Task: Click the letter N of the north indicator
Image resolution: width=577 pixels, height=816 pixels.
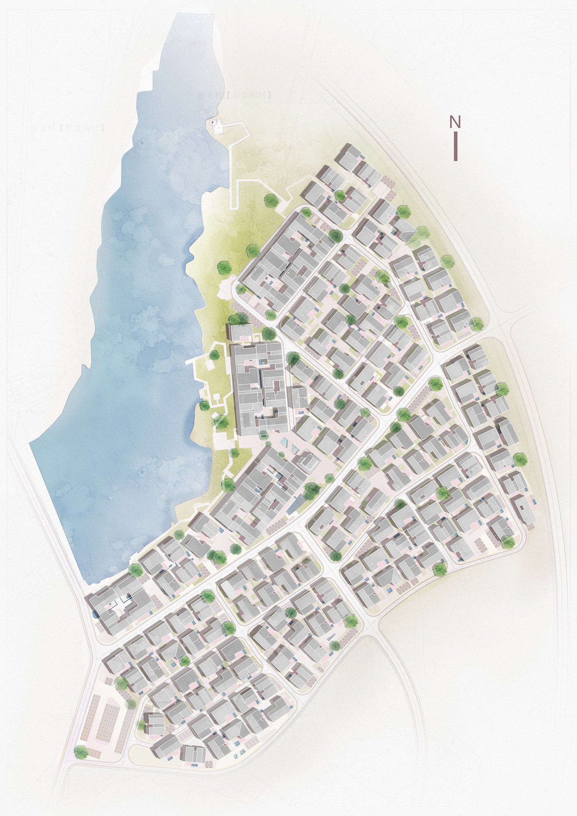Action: pyautogui.click(x=455, y=122)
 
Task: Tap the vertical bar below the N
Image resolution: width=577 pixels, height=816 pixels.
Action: pyautogui.click(x=455, y=146)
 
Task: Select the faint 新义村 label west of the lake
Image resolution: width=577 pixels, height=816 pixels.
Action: pyautogui.click(x=68, y=128)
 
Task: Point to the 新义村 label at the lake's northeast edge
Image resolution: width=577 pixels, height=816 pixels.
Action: pyautogui.click(x=235, y=95)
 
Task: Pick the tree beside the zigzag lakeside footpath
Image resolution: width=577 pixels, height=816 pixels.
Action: pyautogui.click(x=271, y=201)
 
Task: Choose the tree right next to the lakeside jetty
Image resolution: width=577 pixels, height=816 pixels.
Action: pyautogui.click(x=214, y=355)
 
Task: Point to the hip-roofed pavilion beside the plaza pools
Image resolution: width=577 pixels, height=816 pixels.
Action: pyautogui.click(x=308, y=462)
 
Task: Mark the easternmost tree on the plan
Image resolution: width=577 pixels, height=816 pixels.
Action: pyautogui.click(x=520, y=459)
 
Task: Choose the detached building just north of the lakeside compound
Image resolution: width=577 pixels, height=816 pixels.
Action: pyautogui.click(x=241, y=332)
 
